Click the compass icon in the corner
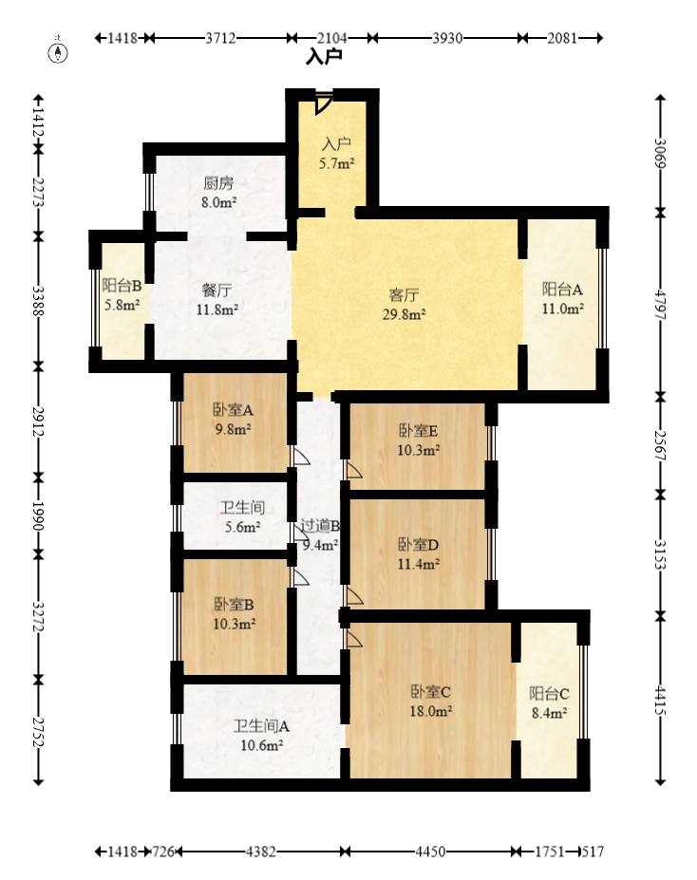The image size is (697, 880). click(x=58, y=51)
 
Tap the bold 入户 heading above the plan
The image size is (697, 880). click(x=325, y=57)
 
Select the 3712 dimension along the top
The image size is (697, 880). click(x=220, y=38)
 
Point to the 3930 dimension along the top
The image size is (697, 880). click(x=447, y=38)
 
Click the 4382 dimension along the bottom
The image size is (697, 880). click(x=261, y=852)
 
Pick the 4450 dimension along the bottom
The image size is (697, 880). click(x=430, y=852)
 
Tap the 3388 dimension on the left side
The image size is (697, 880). click(x=38, y=301)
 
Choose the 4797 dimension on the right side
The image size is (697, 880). click(x=661, y=305)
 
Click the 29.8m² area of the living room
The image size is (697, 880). click(x=404, y=314)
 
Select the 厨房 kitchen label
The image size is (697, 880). click(x=218, y=183)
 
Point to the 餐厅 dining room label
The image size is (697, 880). click(x=217, y=290)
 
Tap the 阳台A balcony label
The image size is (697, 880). click(x=562, y=289)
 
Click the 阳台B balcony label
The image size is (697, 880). click(x=122, y=286)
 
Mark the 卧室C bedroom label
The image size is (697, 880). click(x=430, y=691)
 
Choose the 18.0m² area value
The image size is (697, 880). click(x=430, y=711)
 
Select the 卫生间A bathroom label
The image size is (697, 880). click(x=261, y=726)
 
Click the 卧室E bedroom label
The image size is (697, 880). click(x=418, y=430)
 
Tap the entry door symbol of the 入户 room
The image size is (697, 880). click(x=323, y=103)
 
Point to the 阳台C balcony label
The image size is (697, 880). click(x=549, y=694)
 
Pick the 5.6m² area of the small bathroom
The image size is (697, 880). click(x=242, y=527)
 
